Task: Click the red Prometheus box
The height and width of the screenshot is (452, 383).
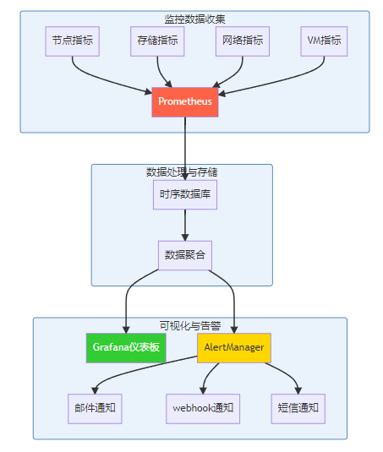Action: [x=185, y=102]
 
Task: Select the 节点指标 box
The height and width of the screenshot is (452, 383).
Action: [x=73, y=41]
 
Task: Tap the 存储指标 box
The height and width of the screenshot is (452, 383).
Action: [x=157, y=41]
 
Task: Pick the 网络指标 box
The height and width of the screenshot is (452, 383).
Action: [x=243, y=41]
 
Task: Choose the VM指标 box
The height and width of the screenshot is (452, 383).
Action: [x=324, y=41]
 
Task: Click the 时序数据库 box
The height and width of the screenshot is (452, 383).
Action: [x=185, y=194]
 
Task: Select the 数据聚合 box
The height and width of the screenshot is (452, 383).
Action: [x=185, y=255]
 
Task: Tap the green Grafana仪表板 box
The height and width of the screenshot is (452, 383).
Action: [x=126, y=348]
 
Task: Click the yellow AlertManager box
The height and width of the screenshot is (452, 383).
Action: [x=234, y=348]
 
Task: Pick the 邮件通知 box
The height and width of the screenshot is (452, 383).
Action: [x=95, y=409]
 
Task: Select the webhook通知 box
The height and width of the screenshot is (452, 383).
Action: [x=203, y=409]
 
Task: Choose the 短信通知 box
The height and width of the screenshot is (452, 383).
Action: [x=298, y=409]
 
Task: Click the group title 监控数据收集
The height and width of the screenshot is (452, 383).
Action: [x=194, y=19]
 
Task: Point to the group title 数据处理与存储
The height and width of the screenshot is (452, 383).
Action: [x=182, y=172]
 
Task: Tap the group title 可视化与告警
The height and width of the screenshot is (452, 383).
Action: [x=190, y=326]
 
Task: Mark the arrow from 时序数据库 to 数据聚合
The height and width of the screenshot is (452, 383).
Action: [x=185, y=225]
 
